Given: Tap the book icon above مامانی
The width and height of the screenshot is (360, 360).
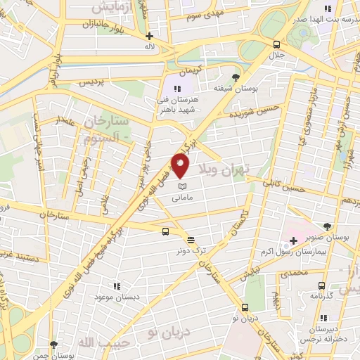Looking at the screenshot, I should pos(182,186).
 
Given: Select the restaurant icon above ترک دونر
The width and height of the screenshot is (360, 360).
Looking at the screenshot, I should pos(192,239).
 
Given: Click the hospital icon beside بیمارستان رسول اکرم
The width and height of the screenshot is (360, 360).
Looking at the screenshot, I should pos(293,241).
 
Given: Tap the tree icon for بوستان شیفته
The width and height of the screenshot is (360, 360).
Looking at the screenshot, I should pos(236,77).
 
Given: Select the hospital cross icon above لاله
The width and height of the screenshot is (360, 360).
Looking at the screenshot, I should pos(148,35).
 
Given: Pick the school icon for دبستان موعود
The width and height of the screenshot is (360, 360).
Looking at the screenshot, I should pos(117,286).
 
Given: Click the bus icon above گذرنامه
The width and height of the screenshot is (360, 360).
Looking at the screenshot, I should pos(321,285).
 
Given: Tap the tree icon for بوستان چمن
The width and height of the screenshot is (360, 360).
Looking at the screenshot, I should pos(53,345).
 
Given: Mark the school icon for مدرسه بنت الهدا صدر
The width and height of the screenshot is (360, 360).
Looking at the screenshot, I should pos(327,9).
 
